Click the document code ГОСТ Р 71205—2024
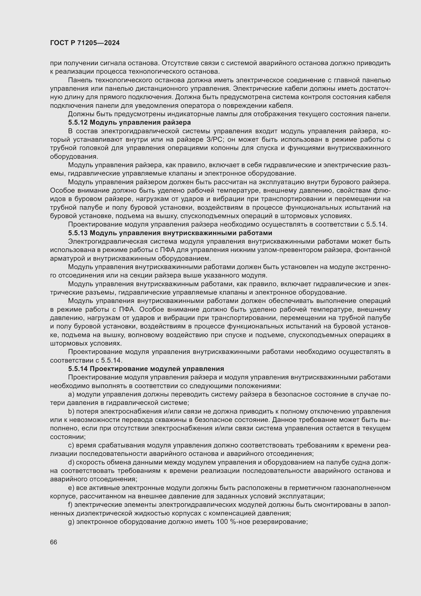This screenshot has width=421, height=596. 85,43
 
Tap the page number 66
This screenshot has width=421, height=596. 54,542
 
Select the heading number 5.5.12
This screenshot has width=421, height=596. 78,122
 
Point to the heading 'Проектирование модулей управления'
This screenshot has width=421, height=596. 157,369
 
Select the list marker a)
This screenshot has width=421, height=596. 71,394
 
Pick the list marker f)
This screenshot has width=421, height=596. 70,505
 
